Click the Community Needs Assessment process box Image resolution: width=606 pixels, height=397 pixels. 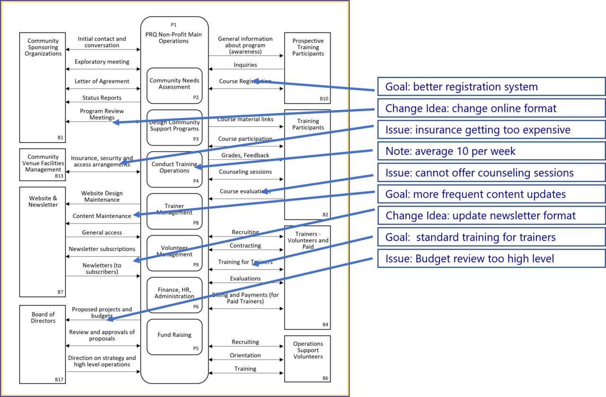click(174, 85)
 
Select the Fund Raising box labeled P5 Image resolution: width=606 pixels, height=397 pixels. click(174, 337)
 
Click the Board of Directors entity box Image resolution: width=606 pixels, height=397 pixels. click(43, 344)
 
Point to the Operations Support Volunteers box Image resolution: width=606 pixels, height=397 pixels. click(308, 359)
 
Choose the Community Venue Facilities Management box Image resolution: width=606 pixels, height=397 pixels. click(43, 164)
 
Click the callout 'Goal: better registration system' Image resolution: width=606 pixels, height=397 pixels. click(491, 87)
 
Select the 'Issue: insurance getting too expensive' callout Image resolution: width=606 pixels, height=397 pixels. click(491, 130)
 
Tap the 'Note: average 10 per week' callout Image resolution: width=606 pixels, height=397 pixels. click(491, 152)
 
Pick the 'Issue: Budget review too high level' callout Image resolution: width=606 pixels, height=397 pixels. click(491, 259)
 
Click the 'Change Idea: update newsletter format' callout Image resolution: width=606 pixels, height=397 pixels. click(491, 216)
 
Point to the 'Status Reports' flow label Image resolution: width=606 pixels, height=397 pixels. click(102, 98)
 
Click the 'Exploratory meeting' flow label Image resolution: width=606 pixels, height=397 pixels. click(102, 62)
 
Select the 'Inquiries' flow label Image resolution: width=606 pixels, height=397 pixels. click(245, 65)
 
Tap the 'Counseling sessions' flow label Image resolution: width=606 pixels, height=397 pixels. click(245, 172)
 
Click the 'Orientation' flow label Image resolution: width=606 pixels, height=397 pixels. click(245, 355)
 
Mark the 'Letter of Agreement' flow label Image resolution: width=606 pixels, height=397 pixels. click(102, 81)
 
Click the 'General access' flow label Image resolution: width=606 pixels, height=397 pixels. click(102, 233)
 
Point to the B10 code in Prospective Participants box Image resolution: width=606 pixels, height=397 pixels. click(324, 99)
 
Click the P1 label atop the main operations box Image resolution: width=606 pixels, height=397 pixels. click(173, 25)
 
